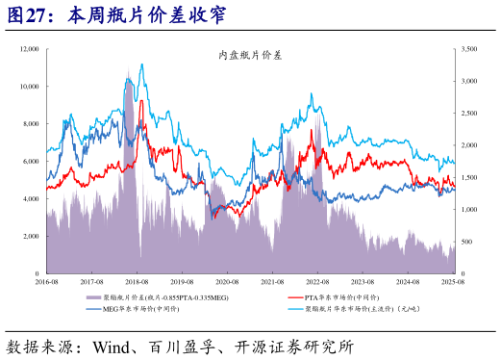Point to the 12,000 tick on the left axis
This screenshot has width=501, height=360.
tap(27, 48)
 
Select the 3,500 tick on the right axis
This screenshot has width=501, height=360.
tap(469, 48)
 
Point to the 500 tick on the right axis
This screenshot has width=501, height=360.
tap(467, 243)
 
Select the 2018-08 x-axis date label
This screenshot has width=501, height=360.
tap(137, 282)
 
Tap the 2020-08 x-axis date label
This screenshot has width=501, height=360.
tap(227, 282)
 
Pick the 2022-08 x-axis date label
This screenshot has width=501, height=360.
tap(318, 282)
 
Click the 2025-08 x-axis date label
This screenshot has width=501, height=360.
tap(454, 282)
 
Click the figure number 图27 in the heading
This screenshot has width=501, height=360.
tap(30, 15)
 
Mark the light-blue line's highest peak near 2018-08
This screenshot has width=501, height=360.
tap(142, 64)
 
